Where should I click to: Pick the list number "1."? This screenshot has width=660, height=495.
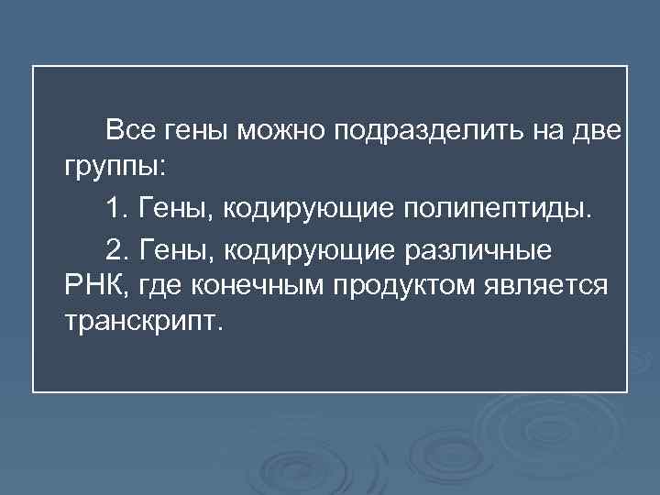click(116, 208)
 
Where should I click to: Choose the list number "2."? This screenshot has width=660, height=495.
click(116, 247)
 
